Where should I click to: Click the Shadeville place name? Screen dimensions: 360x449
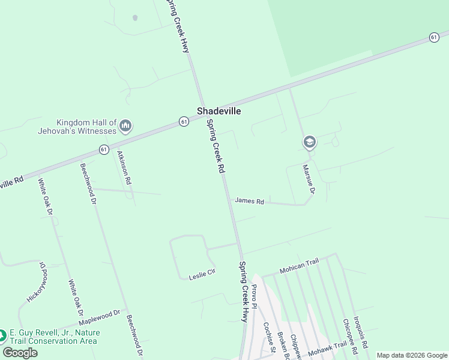[219, 111]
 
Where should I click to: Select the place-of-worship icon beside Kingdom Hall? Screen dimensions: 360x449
[125, 125]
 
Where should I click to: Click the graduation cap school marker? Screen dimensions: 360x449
[310, 142]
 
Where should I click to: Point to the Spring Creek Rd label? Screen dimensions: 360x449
[215, 147]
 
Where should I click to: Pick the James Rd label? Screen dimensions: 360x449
[249, 202]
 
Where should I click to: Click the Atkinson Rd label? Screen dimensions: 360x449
[124, 167]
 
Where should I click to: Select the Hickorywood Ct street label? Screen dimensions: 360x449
[37, 282]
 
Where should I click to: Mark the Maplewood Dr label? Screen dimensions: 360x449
[100, 316]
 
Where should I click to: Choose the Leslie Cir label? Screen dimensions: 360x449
[202, 275]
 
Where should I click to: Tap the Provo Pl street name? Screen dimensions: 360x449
[254, 296]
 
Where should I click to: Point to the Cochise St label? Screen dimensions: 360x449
[268, 337]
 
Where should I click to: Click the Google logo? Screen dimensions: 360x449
[20, 353]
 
